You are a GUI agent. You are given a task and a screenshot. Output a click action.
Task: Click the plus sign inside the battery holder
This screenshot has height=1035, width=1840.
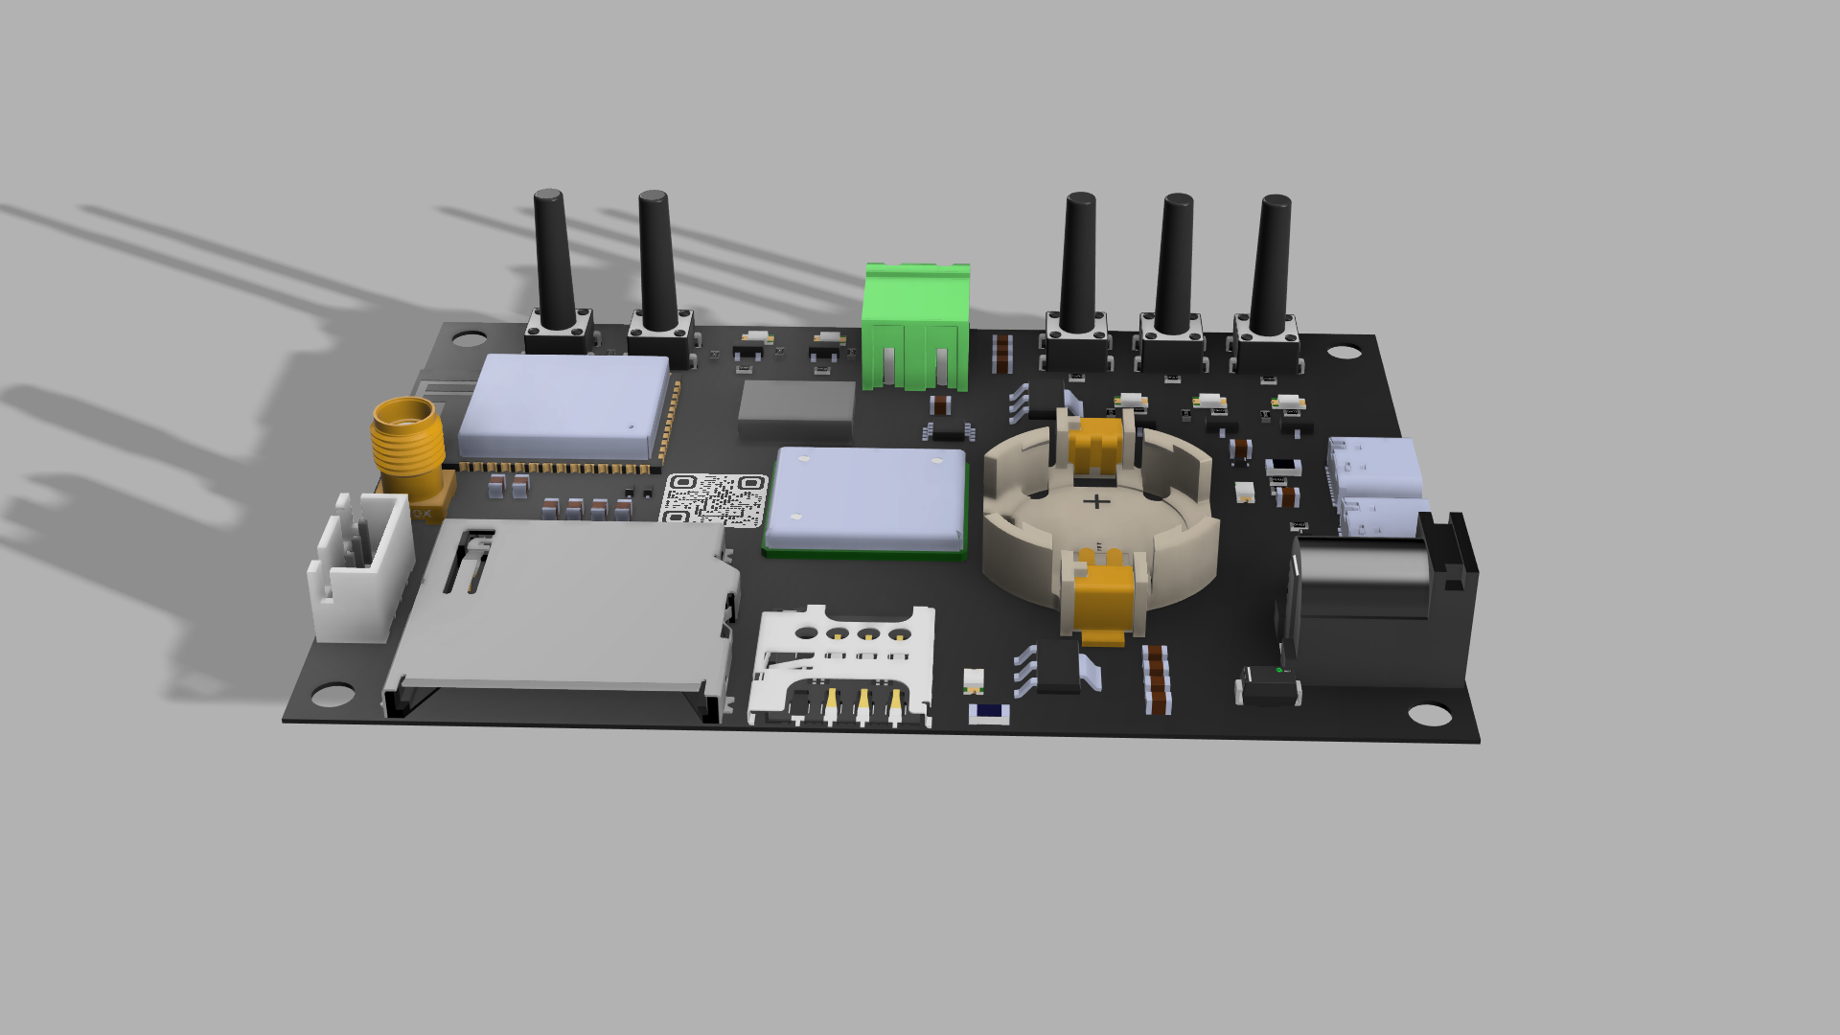pos(1096,501)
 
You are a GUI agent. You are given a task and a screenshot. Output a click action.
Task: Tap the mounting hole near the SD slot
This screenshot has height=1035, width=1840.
pos(333,694)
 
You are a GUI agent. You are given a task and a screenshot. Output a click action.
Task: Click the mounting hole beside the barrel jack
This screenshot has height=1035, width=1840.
pos(1429,714)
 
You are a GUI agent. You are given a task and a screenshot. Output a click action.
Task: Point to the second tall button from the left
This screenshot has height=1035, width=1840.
pos(656,264)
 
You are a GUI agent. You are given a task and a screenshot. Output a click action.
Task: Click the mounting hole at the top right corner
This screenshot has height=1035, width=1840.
pos(1344,352)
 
